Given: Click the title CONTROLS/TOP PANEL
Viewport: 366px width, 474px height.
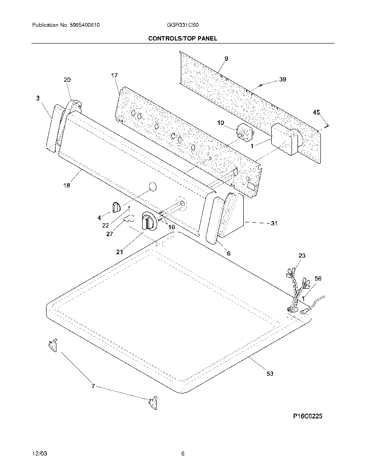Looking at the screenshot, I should (183, 38).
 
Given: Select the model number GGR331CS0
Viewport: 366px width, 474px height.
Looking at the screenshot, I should (181, 25).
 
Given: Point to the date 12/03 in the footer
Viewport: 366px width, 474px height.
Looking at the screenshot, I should (39, 454).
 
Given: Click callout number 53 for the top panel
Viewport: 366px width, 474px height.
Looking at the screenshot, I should (270, 374).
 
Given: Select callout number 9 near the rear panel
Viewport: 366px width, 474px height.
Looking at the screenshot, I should (226, 58).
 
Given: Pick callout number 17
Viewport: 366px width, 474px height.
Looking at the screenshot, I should (114, 76).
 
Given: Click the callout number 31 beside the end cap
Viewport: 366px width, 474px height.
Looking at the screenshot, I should (274, 223).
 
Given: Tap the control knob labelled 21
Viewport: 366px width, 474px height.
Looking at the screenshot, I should (147, 222).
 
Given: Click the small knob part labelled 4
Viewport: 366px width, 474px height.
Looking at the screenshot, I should (115, 207).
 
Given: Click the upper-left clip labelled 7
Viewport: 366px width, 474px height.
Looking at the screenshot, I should (53, 345).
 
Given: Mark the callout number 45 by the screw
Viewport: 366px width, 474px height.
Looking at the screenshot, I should (316, 112).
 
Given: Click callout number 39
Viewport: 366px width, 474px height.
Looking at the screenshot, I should (282, 79).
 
